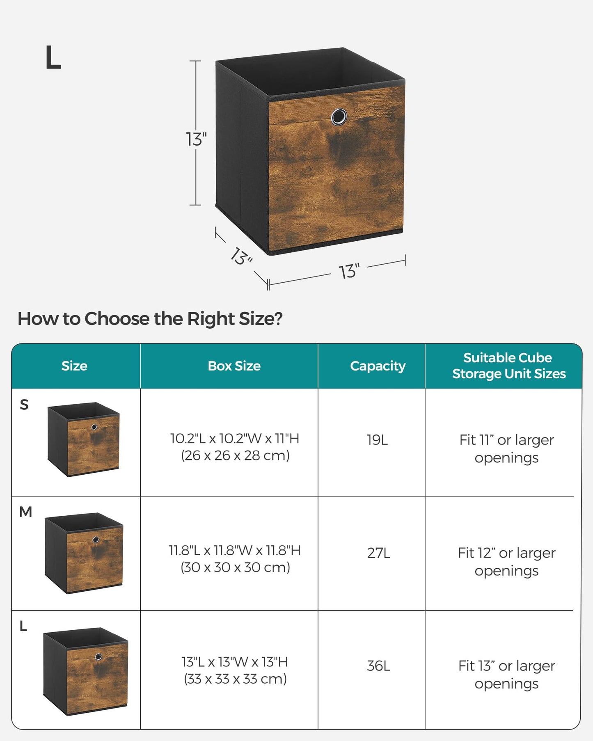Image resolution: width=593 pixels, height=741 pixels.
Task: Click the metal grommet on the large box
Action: tap(339, 117)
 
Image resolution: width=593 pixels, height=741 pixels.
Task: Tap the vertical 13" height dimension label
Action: tap(196, 139)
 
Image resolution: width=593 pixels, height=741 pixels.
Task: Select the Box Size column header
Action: tap(234, 366)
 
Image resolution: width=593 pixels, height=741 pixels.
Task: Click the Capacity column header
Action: tap(378, 366)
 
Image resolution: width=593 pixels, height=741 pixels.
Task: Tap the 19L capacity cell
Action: tap(377, 440)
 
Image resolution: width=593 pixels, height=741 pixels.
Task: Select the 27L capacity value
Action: tap(378, 553)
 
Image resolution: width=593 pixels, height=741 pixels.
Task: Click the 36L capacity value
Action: tap(378, 666)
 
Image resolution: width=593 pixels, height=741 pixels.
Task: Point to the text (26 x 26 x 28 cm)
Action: tap(235, 455)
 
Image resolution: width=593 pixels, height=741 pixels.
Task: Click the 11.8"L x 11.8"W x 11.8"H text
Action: tap(235, 550)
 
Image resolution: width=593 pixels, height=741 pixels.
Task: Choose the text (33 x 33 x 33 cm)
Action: tap(235, 679)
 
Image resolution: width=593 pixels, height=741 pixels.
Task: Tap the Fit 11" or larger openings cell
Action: tap(506, 448)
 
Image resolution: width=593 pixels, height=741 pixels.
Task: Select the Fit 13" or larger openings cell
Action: tap(506, 674)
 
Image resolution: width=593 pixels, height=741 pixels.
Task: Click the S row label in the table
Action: tap(24, 405)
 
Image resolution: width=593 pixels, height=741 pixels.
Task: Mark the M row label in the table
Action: tap(25, 512)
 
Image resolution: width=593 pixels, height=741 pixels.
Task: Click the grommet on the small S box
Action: tap(94, 427)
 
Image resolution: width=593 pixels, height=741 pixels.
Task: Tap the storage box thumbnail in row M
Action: tap(84, 553)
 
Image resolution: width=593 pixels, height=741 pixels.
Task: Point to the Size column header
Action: tap(74, 366)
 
